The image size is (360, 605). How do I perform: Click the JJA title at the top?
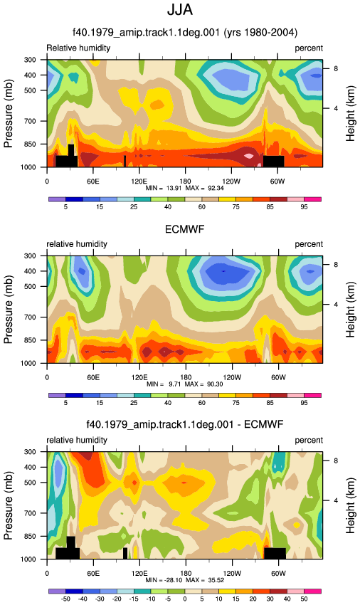pos(180,10)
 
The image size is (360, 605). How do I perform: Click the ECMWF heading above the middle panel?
pos(184,230)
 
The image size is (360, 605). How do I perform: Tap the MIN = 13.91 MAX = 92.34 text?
pos(184,189)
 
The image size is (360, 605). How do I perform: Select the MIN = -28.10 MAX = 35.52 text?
pos(184,580)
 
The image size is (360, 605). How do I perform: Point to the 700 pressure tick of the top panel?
pos(31,121)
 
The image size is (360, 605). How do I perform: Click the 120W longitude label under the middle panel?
pos(232,377)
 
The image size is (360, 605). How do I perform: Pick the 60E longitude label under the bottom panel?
pos(93,574)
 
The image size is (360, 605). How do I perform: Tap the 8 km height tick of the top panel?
pos(336,68)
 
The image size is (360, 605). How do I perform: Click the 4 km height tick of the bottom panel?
pos(336,501)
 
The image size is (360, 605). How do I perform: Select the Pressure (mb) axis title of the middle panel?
pos(8,310)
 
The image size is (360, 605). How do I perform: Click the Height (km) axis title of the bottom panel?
pos(350,505)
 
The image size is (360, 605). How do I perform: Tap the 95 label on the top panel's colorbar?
pos(304,207)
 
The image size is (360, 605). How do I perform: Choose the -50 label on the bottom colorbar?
pos(65,599)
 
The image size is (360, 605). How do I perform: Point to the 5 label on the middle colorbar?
pos(65,403)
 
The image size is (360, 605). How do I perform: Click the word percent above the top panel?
pos(309,48)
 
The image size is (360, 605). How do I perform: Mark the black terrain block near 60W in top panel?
pos(274,162)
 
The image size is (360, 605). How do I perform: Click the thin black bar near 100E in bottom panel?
pos(125,553)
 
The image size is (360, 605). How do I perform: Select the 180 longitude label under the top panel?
pos(185,181)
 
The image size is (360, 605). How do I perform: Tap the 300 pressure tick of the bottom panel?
pos(31,452)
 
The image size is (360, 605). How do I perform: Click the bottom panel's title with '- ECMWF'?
pos(184,425)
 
